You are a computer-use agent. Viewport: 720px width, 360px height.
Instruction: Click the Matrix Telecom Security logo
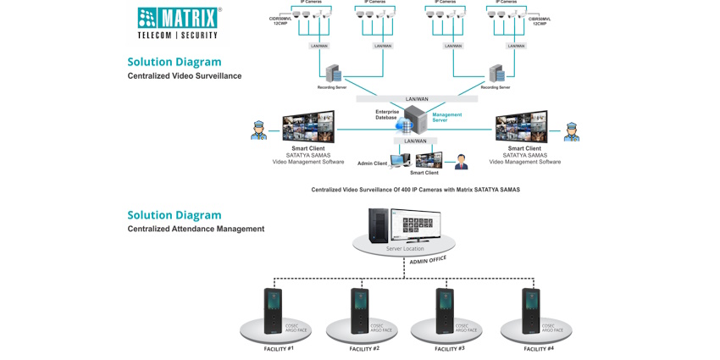click(x=179, y=23)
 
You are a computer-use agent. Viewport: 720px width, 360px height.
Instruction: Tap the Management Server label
click(x=446, y=118)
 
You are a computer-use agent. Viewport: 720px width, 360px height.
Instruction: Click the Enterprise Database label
click(x=387, y=114)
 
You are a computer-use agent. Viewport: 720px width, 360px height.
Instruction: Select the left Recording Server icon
click(x=333, y=74)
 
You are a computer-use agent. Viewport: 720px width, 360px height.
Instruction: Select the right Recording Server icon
click(x=496, y=74)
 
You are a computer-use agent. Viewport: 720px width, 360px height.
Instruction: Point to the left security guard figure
click(x=258, y=130)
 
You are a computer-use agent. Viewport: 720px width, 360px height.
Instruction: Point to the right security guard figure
click(x=572, y=131)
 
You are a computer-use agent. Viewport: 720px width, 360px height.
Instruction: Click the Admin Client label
click(x=372, y=163)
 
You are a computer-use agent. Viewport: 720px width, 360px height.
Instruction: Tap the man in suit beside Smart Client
click(x=461, y=161)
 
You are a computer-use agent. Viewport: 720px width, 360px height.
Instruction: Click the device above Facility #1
click(x=273, y=311)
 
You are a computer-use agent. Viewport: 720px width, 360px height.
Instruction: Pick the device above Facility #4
click(x=531, y=311)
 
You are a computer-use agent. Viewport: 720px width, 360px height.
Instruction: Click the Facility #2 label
click(x=363, y=349)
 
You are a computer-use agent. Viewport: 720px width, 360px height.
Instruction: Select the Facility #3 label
click(x=449, y=349)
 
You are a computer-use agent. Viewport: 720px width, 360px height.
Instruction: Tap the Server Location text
click(x=405, y=249)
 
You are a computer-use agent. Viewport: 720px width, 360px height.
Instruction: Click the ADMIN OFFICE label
click(x=428, y=261)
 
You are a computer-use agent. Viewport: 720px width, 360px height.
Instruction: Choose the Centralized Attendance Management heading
click(x=196, y=229)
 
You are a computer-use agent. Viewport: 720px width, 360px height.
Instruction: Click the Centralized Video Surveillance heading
click(x=185, y=76)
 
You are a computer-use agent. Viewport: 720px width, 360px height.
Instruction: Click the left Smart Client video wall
click(x=308, y=127)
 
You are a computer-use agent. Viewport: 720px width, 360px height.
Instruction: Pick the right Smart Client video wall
click(x=521, y=127)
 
